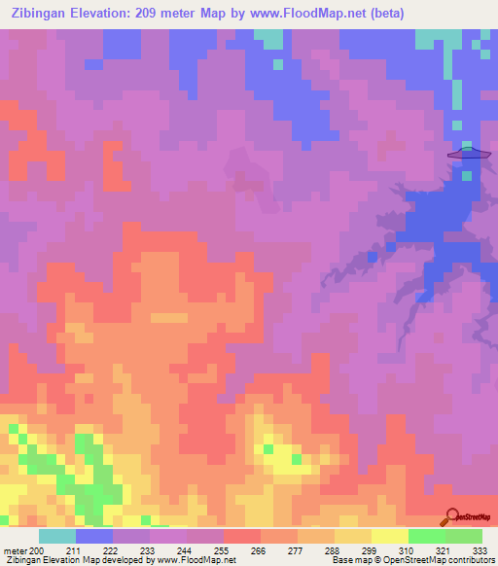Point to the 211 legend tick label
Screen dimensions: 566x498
coord(76,551)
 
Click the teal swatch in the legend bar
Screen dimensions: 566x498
coord(57,536)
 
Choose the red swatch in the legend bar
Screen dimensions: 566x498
coord(242,536)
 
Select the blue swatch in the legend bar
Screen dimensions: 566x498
coord(94,536)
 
